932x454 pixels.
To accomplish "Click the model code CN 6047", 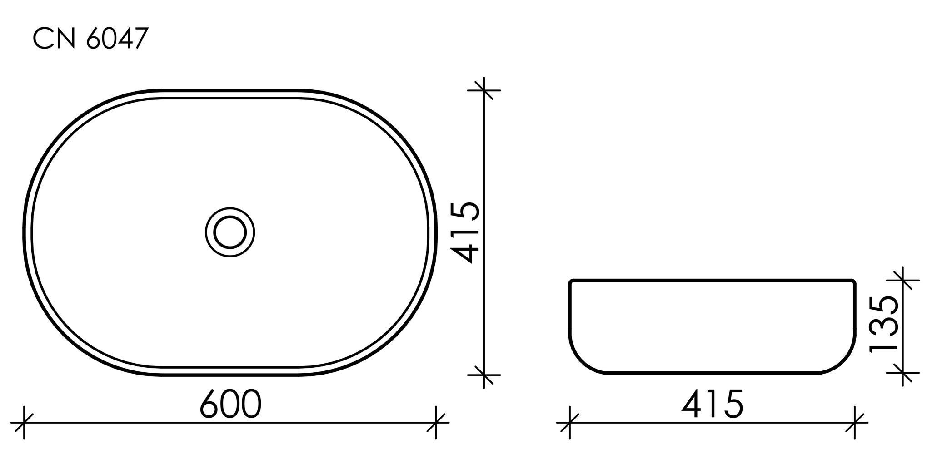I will tap(90, 39).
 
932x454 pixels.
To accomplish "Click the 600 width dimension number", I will tap(231, 404).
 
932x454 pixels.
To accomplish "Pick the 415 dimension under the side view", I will tap(712, 404).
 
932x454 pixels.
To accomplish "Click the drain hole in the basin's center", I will tap(230, 232).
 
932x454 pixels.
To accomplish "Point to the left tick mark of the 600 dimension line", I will tap(24, 423).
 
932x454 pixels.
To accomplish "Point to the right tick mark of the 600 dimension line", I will tap(436, 423).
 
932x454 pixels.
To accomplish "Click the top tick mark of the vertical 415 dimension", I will tap(484, 90).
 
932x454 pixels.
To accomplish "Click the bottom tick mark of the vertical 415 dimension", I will tap(484, 375).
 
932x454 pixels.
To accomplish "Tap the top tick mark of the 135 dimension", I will tap(902, 280).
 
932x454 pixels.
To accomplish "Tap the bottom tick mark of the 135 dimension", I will tap(902, 373).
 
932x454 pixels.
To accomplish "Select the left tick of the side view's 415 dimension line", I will tap(570, 423).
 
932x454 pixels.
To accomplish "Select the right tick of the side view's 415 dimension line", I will tap(855, 423).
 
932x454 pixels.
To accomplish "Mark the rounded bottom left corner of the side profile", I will tap(579, 361).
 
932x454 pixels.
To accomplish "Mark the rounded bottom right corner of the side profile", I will tap(846, 361).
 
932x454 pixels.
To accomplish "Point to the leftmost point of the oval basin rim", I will tap(24, 232).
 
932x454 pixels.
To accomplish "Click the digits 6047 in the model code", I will tap(117, 39).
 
